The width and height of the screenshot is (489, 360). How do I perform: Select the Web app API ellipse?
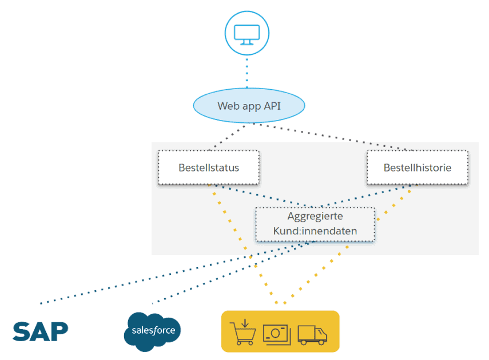coord(248,106)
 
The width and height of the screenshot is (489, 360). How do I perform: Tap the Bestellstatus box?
coord(208,168)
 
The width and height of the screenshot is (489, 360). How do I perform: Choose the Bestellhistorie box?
coord(417,168)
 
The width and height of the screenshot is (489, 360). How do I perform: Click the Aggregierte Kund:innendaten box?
coord(315,224)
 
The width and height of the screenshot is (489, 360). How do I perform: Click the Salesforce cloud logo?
coord(153,331)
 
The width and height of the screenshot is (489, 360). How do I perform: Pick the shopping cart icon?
coord(241,333)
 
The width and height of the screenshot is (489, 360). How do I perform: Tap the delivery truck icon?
coord(312,334)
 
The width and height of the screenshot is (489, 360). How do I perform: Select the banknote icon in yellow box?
coord(277,333)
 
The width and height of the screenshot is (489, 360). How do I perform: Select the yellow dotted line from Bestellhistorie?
coord(349,246)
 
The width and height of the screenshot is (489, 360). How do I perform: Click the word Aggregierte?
coord(315,217)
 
